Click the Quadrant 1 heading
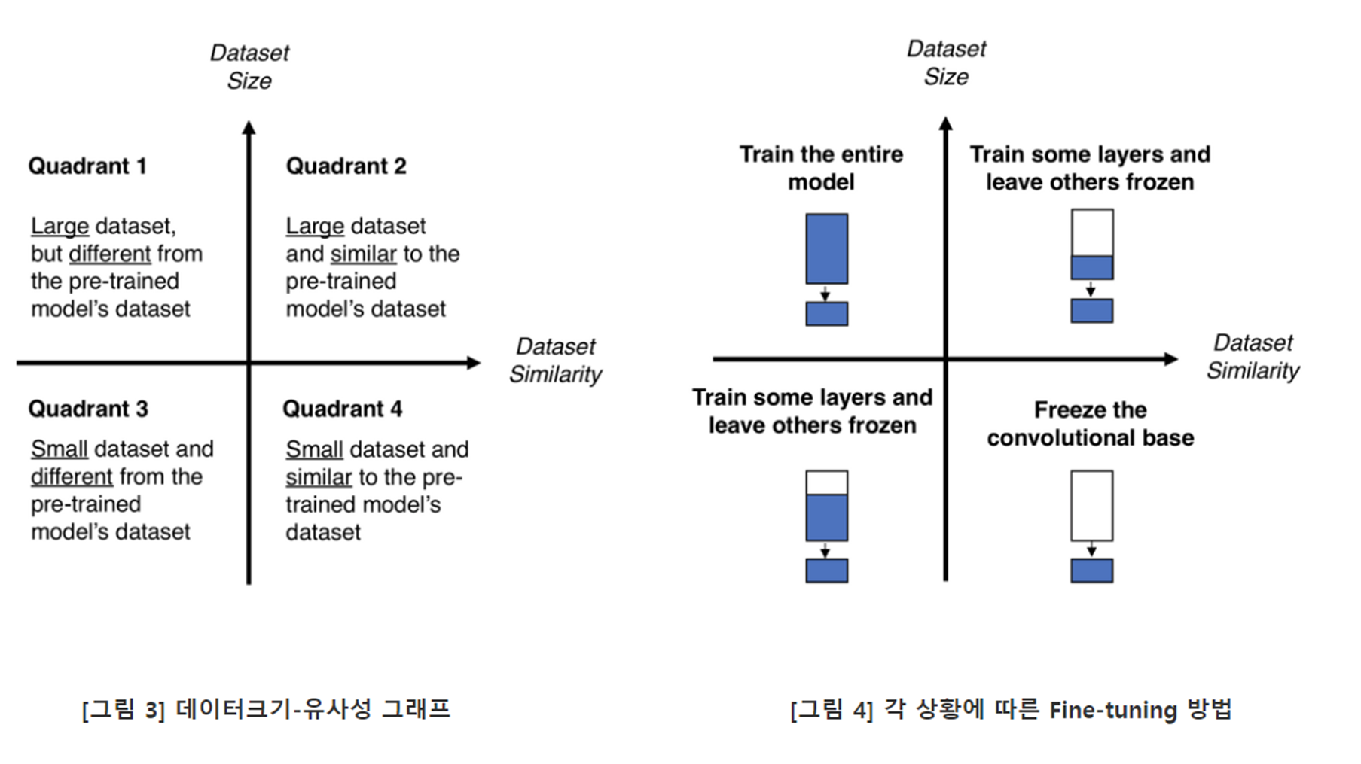point(87,166)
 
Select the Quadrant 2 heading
point(346,166)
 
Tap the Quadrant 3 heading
point(88,409)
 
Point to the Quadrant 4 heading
point(343,409)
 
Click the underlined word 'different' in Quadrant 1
point(110,254)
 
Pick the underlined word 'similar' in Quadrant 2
point(363,254)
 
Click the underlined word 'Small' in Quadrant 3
point(60,449)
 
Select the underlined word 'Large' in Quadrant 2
point(314,226)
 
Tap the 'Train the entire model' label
point(821,168)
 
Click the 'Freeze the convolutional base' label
point(1090,424)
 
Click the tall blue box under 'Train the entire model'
point(826,248)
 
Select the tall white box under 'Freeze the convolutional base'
point(1091,505)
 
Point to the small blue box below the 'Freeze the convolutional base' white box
point(1091,570)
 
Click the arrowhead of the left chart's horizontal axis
point(474,363)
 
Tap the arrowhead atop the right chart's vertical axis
point(946,123)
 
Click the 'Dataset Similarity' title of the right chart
point(1253,357)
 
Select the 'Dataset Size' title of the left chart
point(249,67)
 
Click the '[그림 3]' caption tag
point(123,710)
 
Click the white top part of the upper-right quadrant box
point(1091,233)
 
